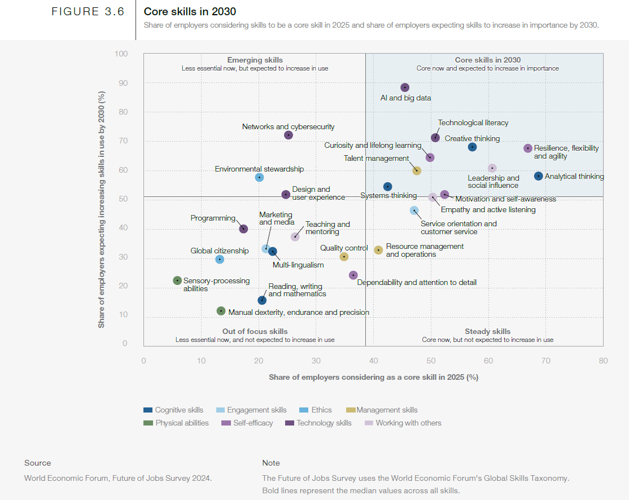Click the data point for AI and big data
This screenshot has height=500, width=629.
tap(405, 87)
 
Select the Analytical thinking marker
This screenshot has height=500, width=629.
tap(539, 176)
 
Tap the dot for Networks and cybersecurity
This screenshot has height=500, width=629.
tap(289, 135)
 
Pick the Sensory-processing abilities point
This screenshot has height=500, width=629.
tap(177, 280)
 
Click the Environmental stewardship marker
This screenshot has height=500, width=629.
tap(259, 177)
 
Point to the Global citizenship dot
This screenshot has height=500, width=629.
tap(220, 260)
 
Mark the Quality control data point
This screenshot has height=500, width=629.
tap(344, 257)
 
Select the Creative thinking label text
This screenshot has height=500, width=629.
tap(472, 138)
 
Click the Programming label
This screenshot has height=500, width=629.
tap(213, 218)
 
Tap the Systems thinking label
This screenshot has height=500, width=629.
tap(388, 196)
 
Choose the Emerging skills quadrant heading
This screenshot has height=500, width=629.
tap(255, 60)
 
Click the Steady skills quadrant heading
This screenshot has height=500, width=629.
tap(487, 331)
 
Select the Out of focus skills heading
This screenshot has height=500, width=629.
tap(255, 331)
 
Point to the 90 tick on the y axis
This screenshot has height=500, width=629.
tap(122, 83)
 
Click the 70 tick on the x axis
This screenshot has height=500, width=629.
tap(546, 361)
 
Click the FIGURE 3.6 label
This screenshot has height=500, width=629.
tap(88, 12)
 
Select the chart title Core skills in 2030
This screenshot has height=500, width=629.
tap(190, 12)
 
